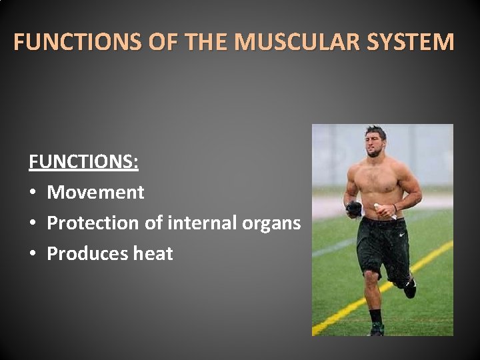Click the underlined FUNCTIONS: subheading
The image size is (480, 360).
point(83,162)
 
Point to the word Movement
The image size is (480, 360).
point(95,193)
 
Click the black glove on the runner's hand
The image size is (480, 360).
point(354,209)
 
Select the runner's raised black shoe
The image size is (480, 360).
point(409,287)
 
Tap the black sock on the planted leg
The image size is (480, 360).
point(375,317)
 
